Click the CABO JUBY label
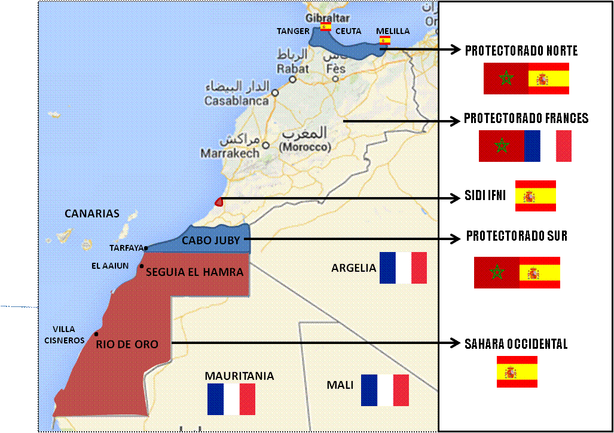pyautogui.click(x=210, y=241)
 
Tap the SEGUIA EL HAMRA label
pyautogui.click(x=195, y=272)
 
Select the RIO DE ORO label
pyautogui.click(x=127, y=344)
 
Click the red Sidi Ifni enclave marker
pyautogui.click(x=219, y=202)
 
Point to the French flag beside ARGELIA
pyautogui.click(x=403, y=268)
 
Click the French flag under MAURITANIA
pyautogui.click(x=231, y=400)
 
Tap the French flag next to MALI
pyautogui.click(x=385, y=390)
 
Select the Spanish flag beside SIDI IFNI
pyautogui.click(x=535, y=196)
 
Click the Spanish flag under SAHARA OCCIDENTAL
pyautogui.click(x=517, y=371)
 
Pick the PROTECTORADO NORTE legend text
pyautogui.click(x=521, y=51)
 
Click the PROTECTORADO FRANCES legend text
pyautogui.click(x=526, y=119)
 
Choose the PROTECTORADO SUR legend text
pyautogui.click(x=517, y=237)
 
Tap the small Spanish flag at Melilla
pyautogui.click(x=386, y=41)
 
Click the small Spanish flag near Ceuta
pyautogui.click(x=325, y=27)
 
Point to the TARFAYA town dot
pyautogui.click(x=146, y=248)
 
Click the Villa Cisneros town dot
pyautogui.click(x=96, y=334)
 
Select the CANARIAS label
pyautogui.click(x=92, y=214)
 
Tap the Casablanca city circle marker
pyautogui.click(x=275, y=93)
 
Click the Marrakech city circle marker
pyautogui.click(x=265, y=145)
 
